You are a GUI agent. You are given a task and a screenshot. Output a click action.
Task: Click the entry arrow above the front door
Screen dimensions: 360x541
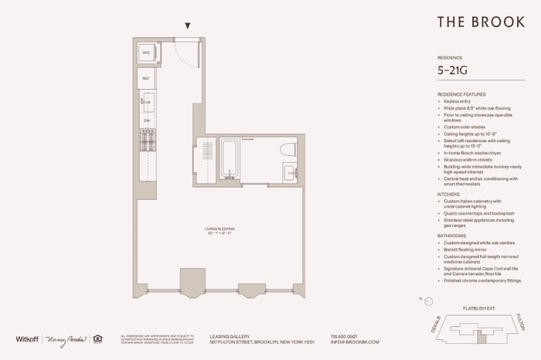[187, 26]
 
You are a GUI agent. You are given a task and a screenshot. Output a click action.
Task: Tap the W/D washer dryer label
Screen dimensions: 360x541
[145, 53]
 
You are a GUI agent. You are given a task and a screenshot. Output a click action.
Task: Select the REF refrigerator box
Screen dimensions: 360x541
[145, 78]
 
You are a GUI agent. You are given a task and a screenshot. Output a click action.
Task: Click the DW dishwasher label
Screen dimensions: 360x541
[145, 121]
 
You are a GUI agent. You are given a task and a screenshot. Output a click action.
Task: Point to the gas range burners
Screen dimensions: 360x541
[145, 142]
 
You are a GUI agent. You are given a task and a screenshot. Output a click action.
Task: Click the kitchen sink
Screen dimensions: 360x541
[146, 101]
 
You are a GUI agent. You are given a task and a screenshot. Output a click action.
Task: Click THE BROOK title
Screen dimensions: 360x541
[472, 22]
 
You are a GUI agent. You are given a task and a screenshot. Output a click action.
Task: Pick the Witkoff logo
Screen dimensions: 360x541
[28, 338]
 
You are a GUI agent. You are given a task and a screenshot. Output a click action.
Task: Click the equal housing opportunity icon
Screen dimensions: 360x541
[97, 338]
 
